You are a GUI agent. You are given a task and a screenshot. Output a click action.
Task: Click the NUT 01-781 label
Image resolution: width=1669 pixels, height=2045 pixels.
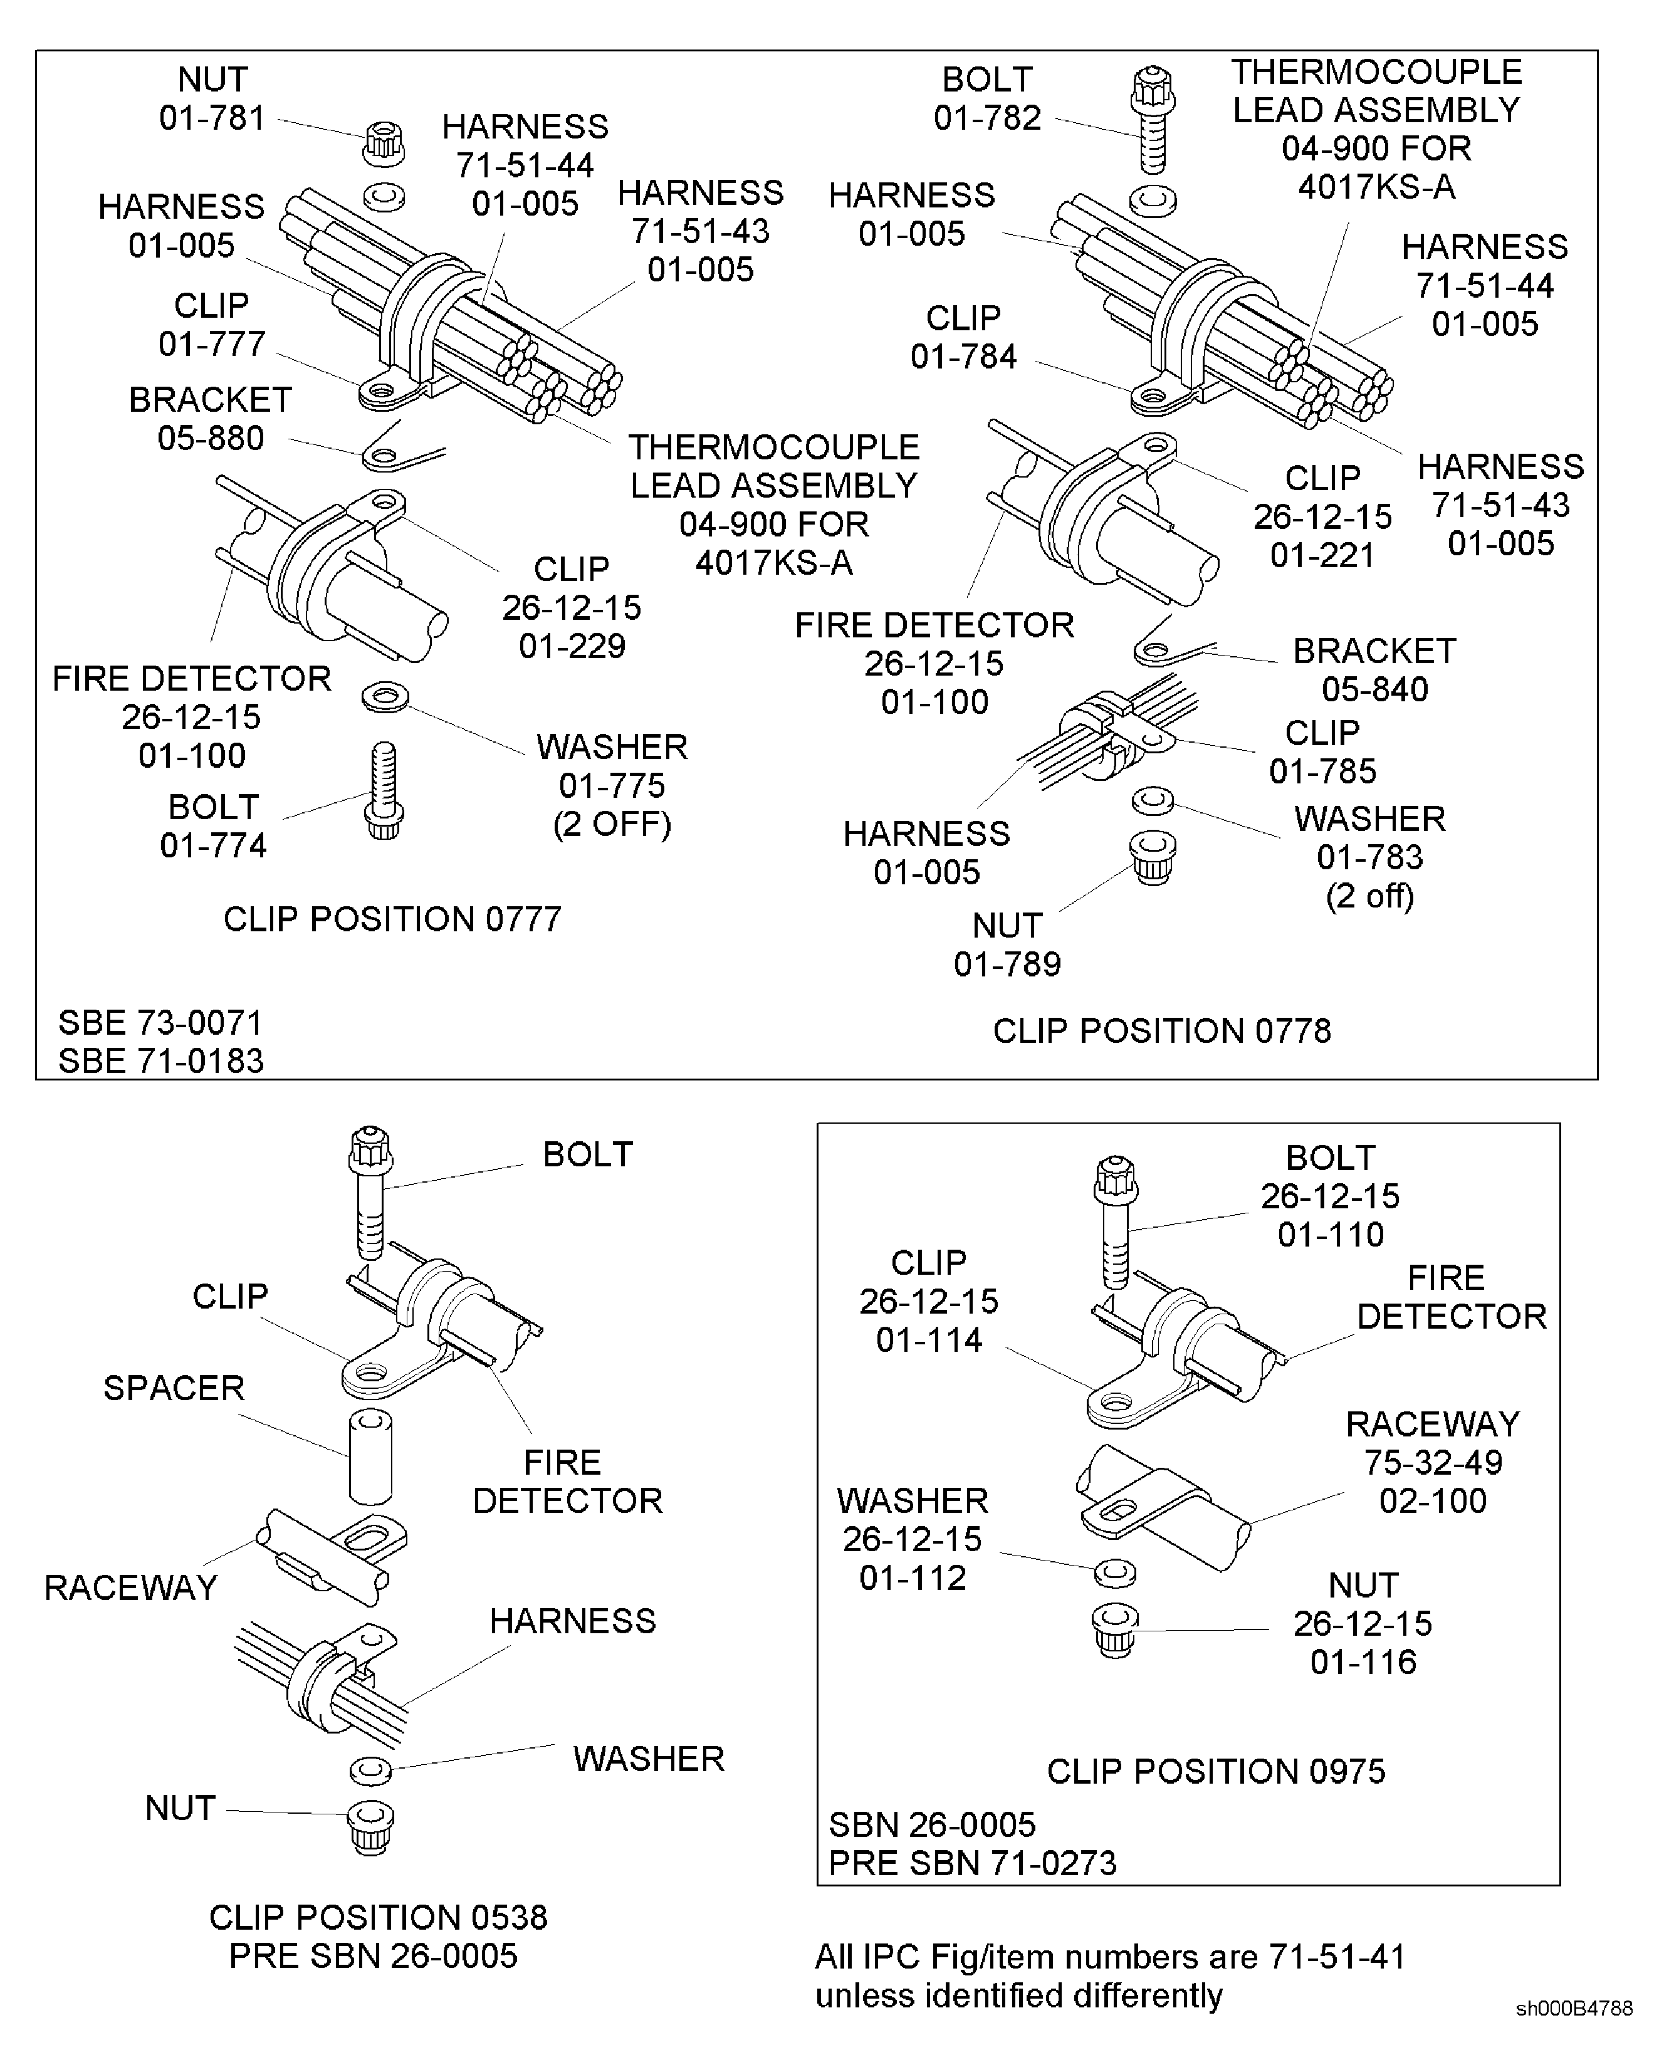[212, 98]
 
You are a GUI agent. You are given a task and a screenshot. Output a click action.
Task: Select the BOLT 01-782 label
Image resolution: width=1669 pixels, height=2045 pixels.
[987, 98]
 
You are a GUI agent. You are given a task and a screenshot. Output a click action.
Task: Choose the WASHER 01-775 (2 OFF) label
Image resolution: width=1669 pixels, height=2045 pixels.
[612, 785]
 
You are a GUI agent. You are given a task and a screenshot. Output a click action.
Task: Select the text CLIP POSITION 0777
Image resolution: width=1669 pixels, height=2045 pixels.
[392, 919]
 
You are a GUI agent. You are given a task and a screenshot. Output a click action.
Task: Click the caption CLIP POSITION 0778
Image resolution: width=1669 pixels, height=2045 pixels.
[1161, 1031]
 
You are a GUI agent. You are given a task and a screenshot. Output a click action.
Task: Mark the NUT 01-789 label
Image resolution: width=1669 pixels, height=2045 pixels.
[1007, 944]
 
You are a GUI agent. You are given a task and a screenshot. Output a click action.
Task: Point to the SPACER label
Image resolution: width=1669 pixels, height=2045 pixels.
[174, 1388]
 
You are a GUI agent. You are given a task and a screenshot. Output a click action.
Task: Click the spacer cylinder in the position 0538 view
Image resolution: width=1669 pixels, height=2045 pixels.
[370, 1456]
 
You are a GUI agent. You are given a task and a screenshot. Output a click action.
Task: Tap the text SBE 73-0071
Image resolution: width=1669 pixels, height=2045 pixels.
[160, 1022]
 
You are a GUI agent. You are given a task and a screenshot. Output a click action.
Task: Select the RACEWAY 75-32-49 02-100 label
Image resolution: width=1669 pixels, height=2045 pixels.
[1433, 1462]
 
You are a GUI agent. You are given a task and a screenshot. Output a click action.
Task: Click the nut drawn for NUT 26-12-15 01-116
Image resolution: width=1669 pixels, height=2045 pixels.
[1115, 1629]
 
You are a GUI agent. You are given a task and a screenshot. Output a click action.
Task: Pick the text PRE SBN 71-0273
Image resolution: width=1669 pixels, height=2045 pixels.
[972, 1863]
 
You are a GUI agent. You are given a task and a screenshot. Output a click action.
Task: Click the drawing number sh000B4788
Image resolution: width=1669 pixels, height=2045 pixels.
[1573, 2009]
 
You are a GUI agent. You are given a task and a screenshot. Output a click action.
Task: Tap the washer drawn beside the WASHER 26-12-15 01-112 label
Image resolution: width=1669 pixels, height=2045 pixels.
[1115, 1574]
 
